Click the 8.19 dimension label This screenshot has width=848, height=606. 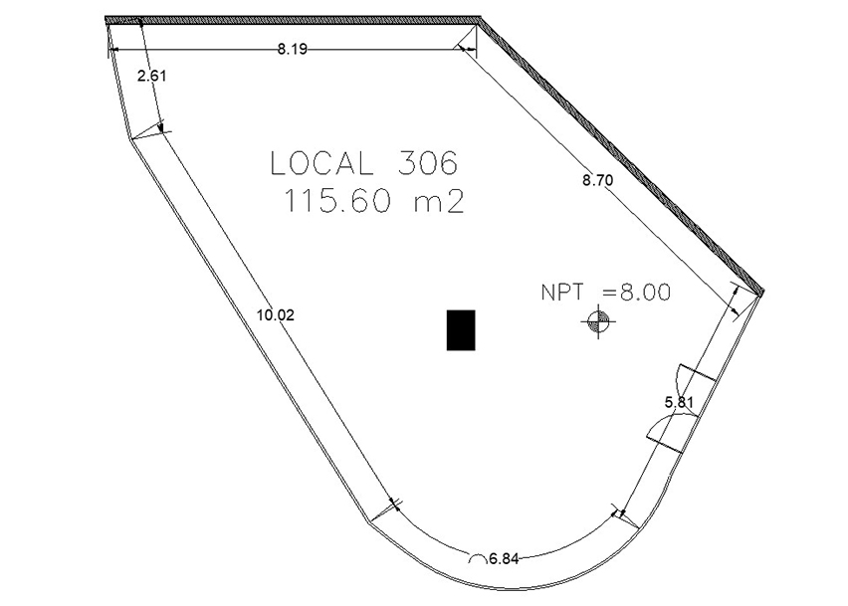tap(293, 49)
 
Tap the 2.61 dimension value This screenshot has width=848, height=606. tap(152, 77)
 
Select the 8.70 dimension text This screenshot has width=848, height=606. tap(597, 180)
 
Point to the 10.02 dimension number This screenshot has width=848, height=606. tap(276, 314)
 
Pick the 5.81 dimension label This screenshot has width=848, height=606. tap(679, 402)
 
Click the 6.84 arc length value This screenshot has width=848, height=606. tap(504, 558)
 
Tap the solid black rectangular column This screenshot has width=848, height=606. tap(461, 329)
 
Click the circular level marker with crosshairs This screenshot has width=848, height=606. tap(598, 322)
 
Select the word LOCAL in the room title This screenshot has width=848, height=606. tap(321, 163)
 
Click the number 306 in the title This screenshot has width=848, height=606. tap(428, 163)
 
